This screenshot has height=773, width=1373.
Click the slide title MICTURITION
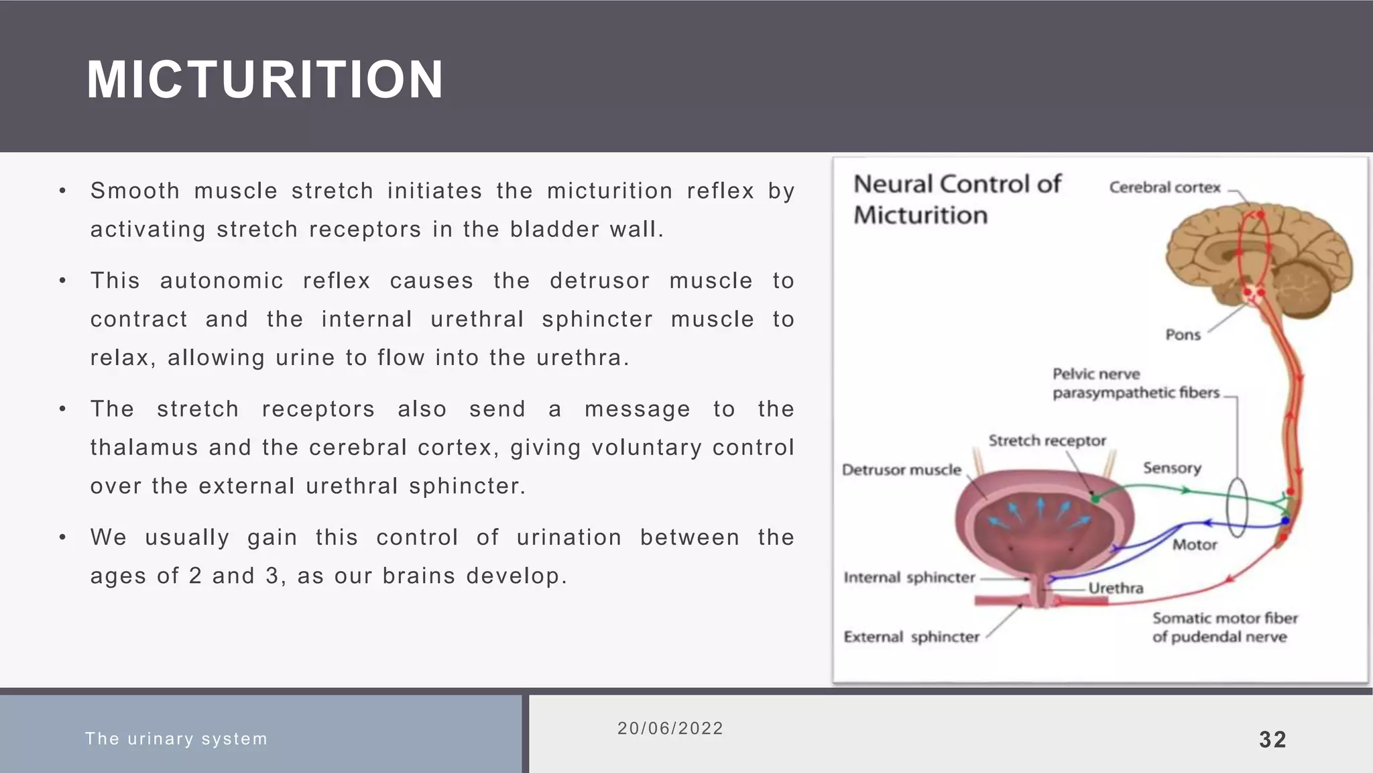click(265, 80)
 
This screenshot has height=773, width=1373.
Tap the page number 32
click(1272, 739)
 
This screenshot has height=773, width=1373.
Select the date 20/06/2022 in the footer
click(670, 728)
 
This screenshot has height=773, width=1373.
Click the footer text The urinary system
click(176, 739)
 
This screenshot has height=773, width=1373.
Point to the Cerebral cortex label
click(1165, 188)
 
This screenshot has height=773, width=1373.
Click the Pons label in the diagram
click(1183, 335)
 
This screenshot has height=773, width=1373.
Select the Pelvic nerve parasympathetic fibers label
click(1136, 383)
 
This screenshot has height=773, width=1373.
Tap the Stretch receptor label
click(1047, 441)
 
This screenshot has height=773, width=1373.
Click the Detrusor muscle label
click(901, 470)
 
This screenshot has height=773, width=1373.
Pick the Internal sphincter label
click(908, 578)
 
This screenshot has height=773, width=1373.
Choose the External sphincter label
click(911, 637)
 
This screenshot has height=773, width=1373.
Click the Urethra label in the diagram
click(1115, 588)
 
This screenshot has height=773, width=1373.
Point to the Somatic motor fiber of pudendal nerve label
click(1224, 627)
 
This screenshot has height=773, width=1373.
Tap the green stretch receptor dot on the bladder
click(1095, 499)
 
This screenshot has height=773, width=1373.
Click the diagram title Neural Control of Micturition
click(957, 199)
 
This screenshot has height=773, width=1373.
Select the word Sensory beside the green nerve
click(1171, 468)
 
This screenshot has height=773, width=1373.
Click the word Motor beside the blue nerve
click(1194, 545)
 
